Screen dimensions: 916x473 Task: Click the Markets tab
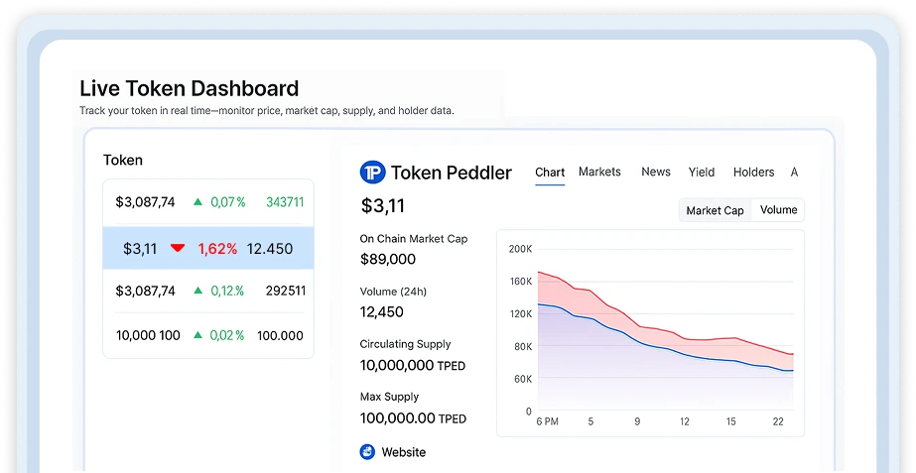(x=599, y=172)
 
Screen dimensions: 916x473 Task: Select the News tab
(x=655, y=172)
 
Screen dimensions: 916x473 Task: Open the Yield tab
(x=701, y=173)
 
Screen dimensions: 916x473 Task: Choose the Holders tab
(x=753, y=173)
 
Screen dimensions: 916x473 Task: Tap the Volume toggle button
(x=778, y=210)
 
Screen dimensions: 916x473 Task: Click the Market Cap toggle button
(x=716, y=210)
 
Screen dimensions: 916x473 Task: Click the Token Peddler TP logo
(x=373, y=173)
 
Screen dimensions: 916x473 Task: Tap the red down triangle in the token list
(x=178, y=248)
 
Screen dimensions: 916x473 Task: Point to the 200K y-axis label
(x=520, y=249)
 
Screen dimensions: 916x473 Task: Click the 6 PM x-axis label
(x=547, y=421)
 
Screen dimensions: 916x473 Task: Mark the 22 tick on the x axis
(x=778, y=421)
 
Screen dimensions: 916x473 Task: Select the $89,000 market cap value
(x=388, y=259)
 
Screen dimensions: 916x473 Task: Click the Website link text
(x=404, y=452)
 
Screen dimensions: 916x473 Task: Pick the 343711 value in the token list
(x=285, y=202)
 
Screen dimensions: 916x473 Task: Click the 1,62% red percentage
(x=217, y=249)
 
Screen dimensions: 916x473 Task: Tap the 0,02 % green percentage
(x=227, y=335)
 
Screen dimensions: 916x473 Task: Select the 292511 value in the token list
(x=286, y=291)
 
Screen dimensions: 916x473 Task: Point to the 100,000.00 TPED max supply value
(x=413, y=418)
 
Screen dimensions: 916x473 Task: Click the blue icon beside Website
(x=367, y=452)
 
